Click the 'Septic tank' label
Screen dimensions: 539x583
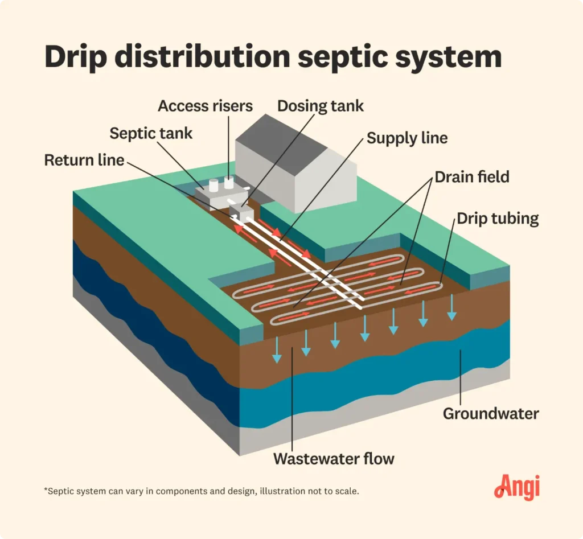point(151,134)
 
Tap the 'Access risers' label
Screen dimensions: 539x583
point(205,106)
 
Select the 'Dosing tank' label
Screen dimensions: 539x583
point(320,106)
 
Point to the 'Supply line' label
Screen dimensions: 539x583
point(407,138)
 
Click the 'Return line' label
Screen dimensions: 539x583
point(84,160)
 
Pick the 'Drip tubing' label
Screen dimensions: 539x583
point(497,219)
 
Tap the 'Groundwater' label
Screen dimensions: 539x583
point(490,413)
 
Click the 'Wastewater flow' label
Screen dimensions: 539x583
point(334,459)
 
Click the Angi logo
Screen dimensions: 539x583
point(516,488)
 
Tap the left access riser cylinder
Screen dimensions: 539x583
point(214,186)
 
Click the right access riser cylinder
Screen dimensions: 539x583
point(229,182)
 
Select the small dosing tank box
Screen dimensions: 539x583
point(242,213)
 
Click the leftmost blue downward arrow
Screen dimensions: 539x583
point(277,349)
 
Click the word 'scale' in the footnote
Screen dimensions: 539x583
point(346,491)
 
